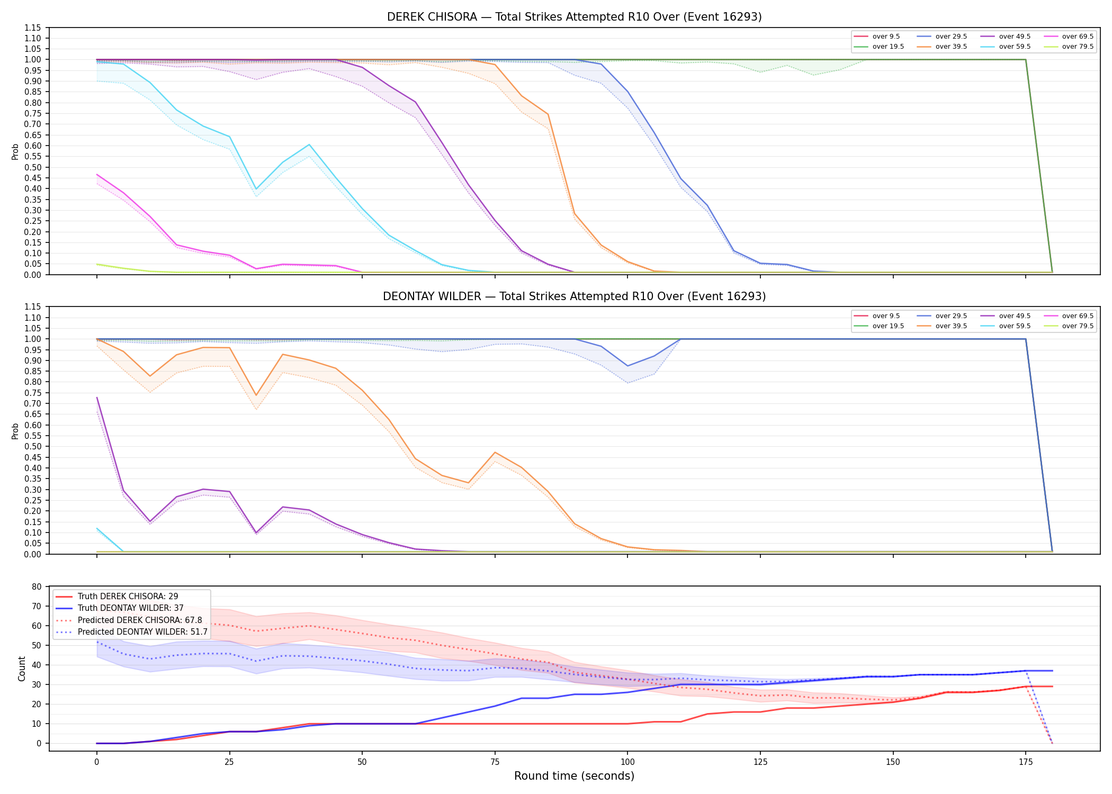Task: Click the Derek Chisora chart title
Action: tap(574, 17)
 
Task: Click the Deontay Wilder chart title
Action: tap(574, 296)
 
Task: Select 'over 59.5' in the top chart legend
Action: tap(1015, 47)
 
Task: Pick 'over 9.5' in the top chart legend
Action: tap(886, 37)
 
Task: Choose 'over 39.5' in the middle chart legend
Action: tap(951, 326)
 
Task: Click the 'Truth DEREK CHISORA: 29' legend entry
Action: tap(128, 597)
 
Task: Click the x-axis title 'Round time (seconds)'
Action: tap(574, 776)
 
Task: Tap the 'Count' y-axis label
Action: tap(22, 669)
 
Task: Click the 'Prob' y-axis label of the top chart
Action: tap(15, 151)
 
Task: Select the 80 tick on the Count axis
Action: tap(37, 587)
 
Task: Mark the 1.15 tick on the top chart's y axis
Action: tap(32, 28)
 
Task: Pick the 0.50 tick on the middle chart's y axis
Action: tap(32, 447)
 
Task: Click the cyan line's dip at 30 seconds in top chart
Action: tap(256, 189)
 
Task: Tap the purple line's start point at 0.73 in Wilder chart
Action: tap(97, 398)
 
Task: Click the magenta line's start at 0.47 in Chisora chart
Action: tap(97, 174)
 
